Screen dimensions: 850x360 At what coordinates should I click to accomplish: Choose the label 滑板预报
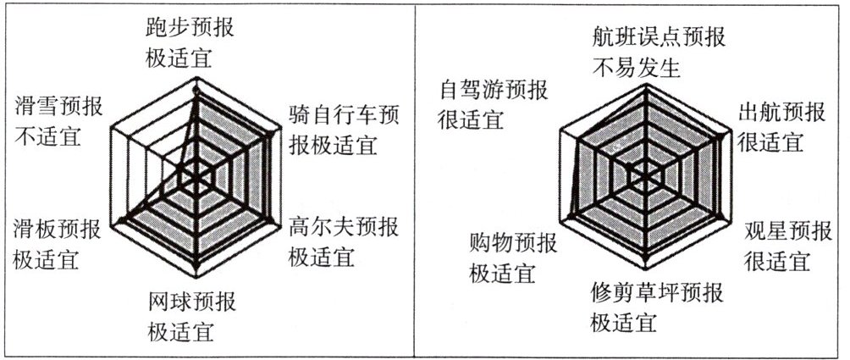click(57, 229)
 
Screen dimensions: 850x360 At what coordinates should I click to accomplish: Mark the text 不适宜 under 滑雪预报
click(47, 135)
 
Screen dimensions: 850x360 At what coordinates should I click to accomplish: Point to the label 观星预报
click(787, 230)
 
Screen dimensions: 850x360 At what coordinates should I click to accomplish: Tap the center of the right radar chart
click(649, 176)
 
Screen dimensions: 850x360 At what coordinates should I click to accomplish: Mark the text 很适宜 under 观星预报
click(775, 259)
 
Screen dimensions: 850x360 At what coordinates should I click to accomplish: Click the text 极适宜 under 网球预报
click(181, 330)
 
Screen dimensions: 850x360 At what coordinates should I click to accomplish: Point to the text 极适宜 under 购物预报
click(503, 274)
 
